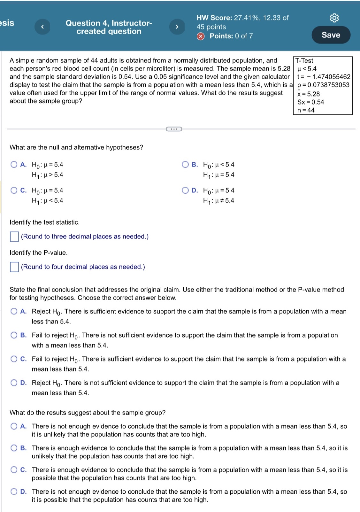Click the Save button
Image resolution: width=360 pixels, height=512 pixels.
[x=331, y=35]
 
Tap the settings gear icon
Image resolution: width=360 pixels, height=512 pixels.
[x=334, y=18]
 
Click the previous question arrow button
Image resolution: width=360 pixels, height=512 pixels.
[x=42, y=27]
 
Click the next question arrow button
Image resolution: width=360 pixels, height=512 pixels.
[x=177, y=27]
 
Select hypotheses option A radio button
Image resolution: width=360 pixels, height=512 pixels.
[x=14, y=165]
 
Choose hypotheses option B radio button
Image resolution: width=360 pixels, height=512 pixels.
[x=185, y=165]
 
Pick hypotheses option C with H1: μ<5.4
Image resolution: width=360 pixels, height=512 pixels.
[x=14, y=190]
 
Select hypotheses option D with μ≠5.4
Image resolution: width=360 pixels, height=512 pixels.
[x=185, y=190]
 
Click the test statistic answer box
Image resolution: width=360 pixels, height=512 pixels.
[x=14, y=237]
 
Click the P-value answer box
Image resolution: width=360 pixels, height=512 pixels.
[x=14, y=267]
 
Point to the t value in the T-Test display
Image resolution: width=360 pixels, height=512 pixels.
[x=323, y=77]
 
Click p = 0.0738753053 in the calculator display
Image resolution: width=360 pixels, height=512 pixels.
[x=323, y=85]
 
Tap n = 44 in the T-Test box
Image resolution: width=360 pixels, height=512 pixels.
[x=306, y=110]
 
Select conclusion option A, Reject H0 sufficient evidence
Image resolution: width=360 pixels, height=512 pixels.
[x=14, y=311]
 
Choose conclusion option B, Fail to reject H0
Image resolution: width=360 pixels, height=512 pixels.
[x=14, y=335]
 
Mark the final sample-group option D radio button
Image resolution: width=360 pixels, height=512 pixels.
[x=14, y=492]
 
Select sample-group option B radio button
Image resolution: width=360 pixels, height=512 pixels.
[x=14, y=448]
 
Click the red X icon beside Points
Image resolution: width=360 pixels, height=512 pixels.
[x=201, y=36]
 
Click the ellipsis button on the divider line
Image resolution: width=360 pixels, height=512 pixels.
[x=174, y=129]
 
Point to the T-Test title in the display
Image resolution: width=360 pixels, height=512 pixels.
[x=304, y=61]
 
